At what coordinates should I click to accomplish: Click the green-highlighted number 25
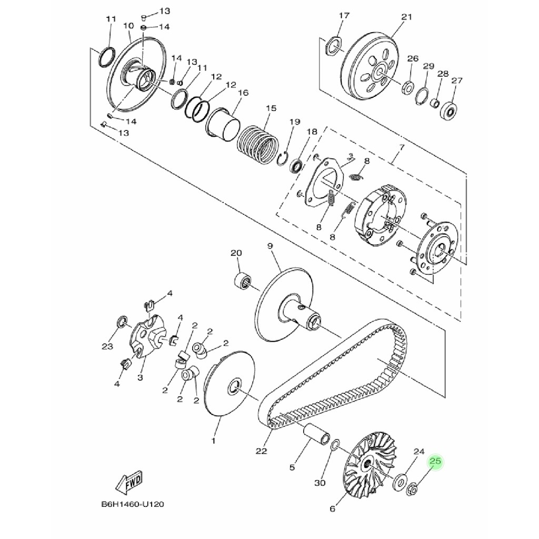pos(435,461)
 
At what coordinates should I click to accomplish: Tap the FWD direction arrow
pos(129,483)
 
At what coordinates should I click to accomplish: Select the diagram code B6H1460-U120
pos(132,505)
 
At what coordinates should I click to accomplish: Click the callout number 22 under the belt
pos(261,451)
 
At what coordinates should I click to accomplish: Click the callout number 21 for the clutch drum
pos(407,17)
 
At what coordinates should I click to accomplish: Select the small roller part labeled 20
pos(242,282)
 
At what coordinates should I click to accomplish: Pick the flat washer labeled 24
pos(400,481)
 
